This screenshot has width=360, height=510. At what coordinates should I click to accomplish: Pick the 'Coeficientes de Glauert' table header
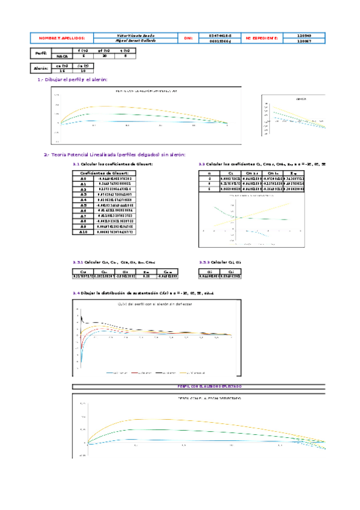coord(105,173)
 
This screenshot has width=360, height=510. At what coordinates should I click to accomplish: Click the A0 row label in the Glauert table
coord(84,179)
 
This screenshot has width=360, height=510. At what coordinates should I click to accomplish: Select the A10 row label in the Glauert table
coord(84,232)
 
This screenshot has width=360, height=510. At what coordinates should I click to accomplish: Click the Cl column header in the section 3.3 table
coord(231,173)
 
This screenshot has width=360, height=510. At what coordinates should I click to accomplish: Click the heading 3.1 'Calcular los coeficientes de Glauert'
coord(112,164)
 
